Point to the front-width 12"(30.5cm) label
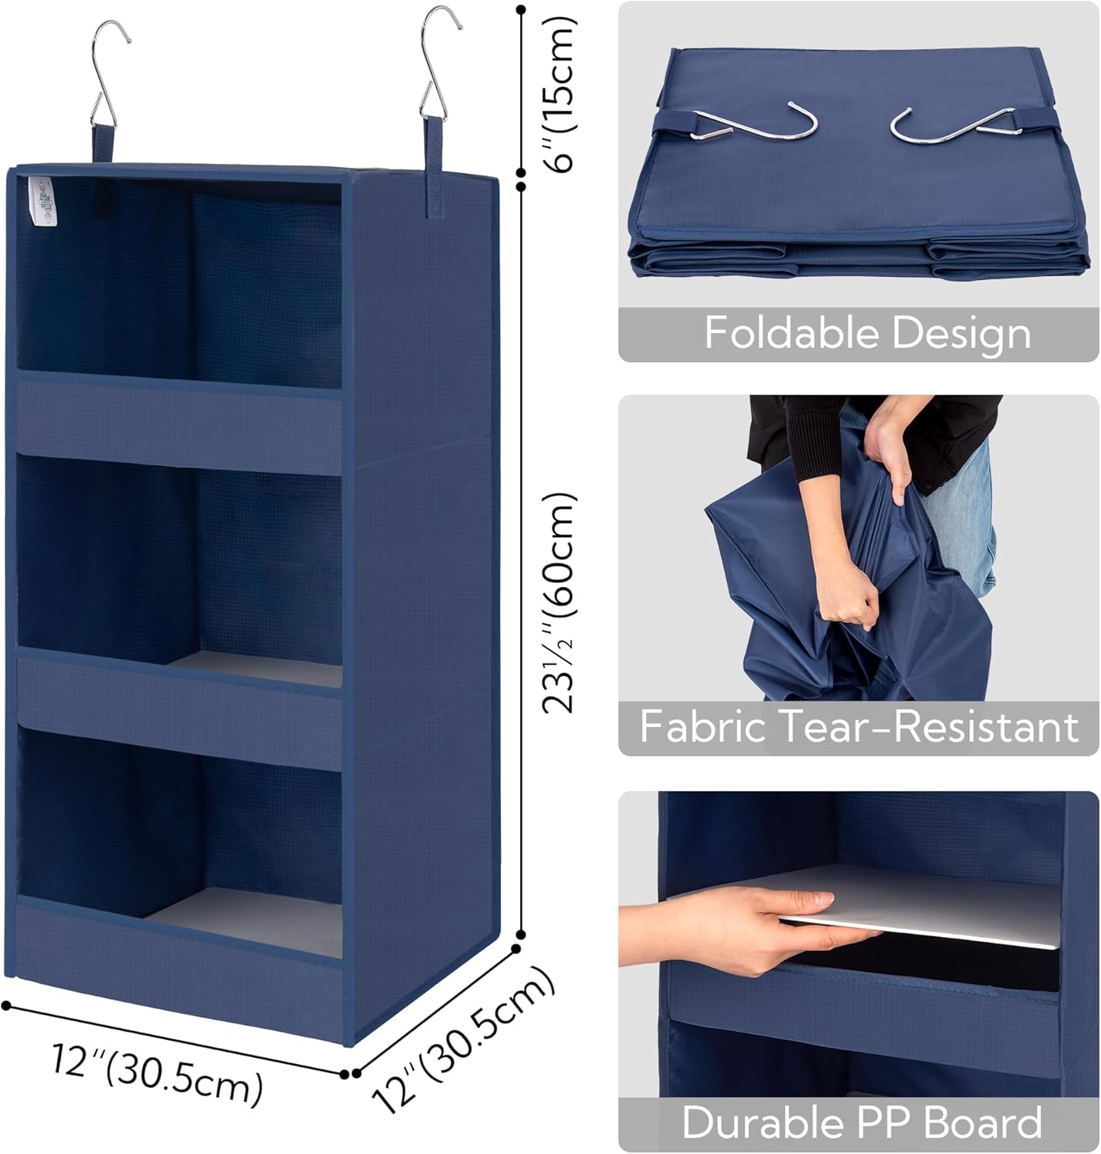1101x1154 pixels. (x=157, y=1072)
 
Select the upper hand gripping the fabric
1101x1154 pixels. (x=892, y=462)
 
